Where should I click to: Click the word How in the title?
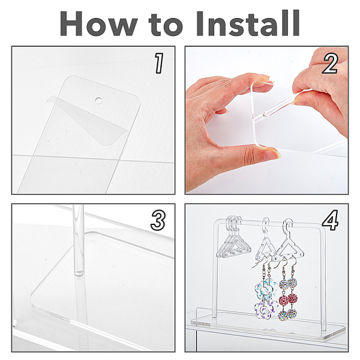click(x=99, y=23)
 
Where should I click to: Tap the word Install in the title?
click(x=248, y=23)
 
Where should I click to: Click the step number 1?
click(x=158, y=63)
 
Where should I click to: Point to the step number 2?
click(x=330, y=63)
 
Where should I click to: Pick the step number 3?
click(x=158, y=221)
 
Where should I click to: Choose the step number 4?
click(x=330, y=220)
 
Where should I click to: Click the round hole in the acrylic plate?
click(x=99, y=100)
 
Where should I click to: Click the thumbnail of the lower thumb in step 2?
click(x=272, y=154)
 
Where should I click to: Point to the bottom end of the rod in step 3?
click(x=79, y=274)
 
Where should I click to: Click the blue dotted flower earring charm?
click(x=265, y=289)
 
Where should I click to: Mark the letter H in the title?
click(x=71, y=23)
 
